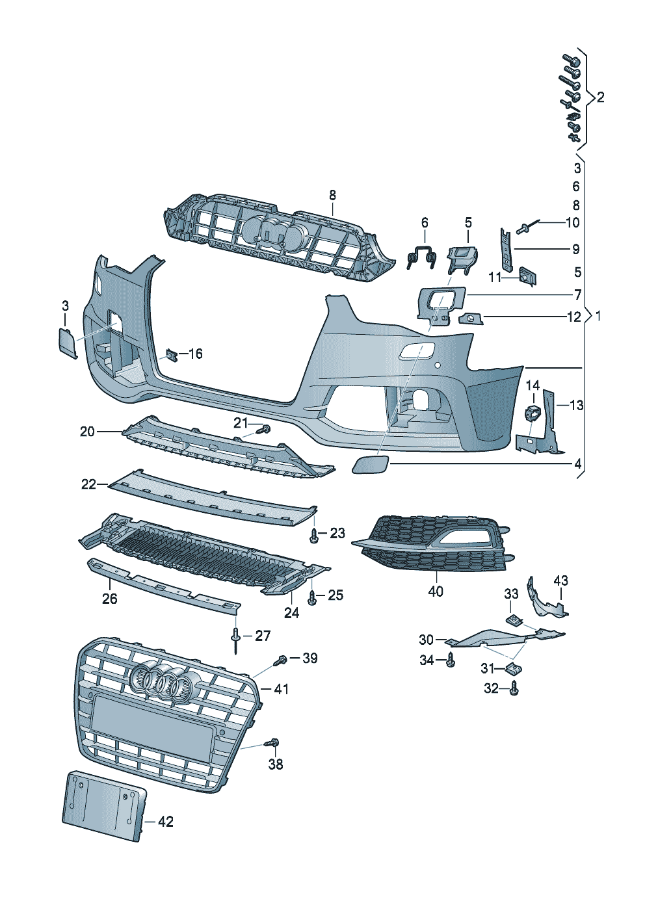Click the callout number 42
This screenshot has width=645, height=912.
(166, 822)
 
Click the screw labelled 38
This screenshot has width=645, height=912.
(273, 743)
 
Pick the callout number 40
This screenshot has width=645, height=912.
(436, 591)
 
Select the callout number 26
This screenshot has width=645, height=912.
(109, 598)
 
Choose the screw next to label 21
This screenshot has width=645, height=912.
(263, 429)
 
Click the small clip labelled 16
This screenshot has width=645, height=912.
(172, 355)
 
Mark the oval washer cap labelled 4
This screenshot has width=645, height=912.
(370, 465)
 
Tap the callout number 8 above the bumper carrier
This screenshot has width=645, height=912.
(332, 195)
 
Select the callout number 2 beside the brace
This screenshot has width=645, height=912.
(600, 98)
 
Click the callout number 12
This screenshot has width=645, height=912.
(573, 317)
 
